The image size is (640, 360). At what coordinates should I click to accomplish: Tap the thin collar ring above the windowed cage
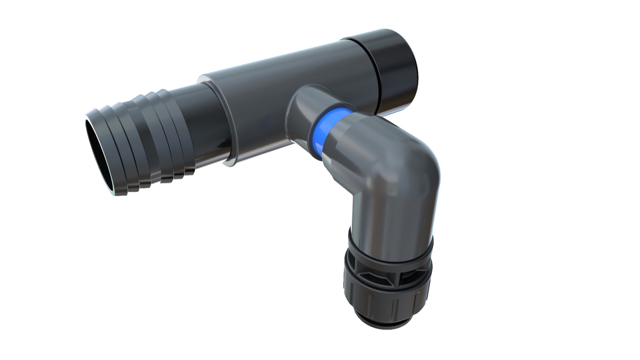tap(390, 247)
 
